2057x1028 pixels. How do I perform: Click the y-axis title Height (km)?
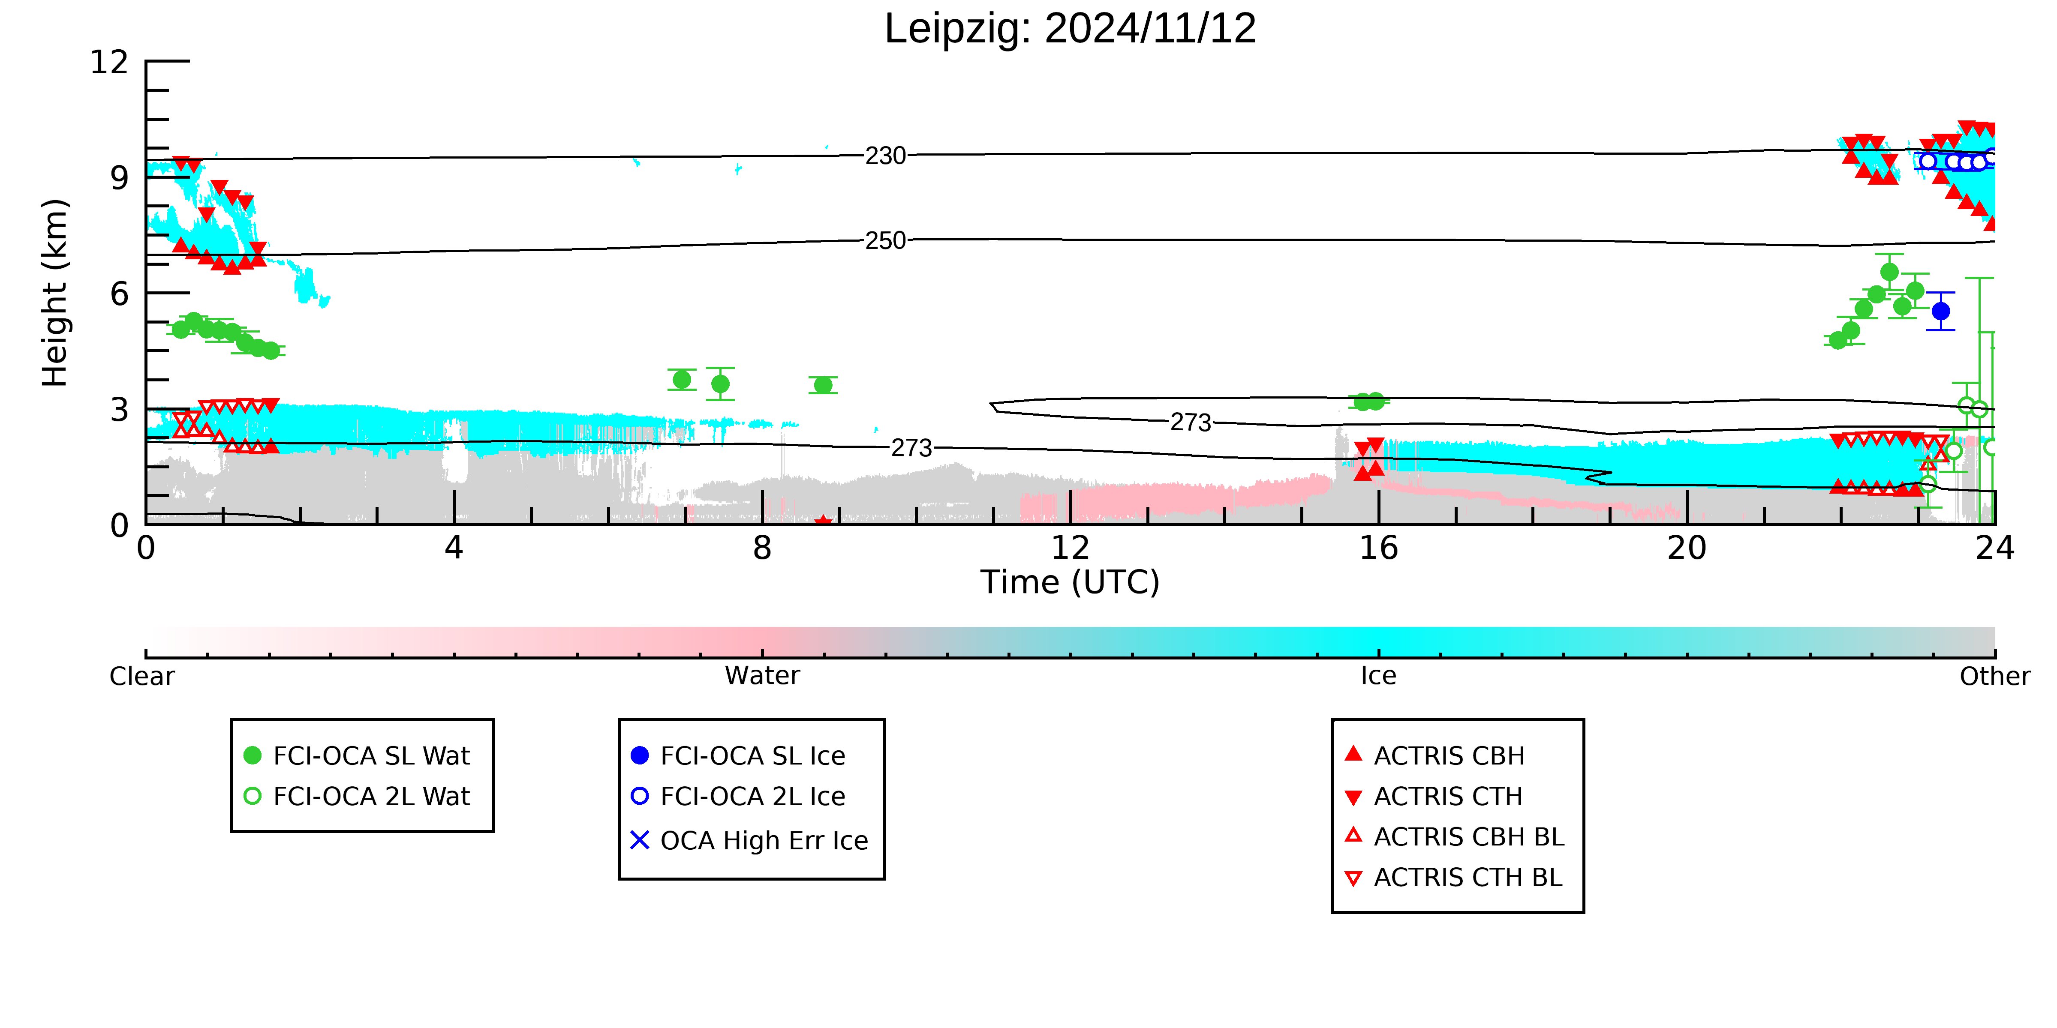pos(55,293)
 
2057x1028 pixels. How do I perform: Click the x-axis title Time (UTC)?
pos(1070,582)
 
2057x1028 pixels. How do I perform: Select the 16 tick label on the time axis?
pos(1379,548)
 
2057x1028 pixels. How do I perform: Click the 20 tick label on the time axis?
pos(1687,548)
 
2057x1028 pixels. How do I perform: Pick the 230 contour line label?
pos(886,156)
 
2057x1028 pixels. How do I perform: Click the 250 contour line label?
pos(886,240)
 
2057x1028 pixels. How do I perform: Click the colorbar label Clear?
pos(142,676)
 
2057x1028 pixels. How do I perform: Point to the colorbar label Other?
pos(1995,676)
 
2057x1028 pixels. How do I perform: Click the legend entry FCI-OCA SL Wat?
pos(357,755)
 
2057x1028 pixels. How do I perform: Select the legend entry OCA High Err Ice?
pos(749,840)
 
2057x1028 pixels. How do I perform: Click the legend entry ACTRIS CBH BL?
pos(1454,836)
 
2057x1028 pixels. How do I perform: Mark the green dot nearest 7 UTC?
pos(682,380)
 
